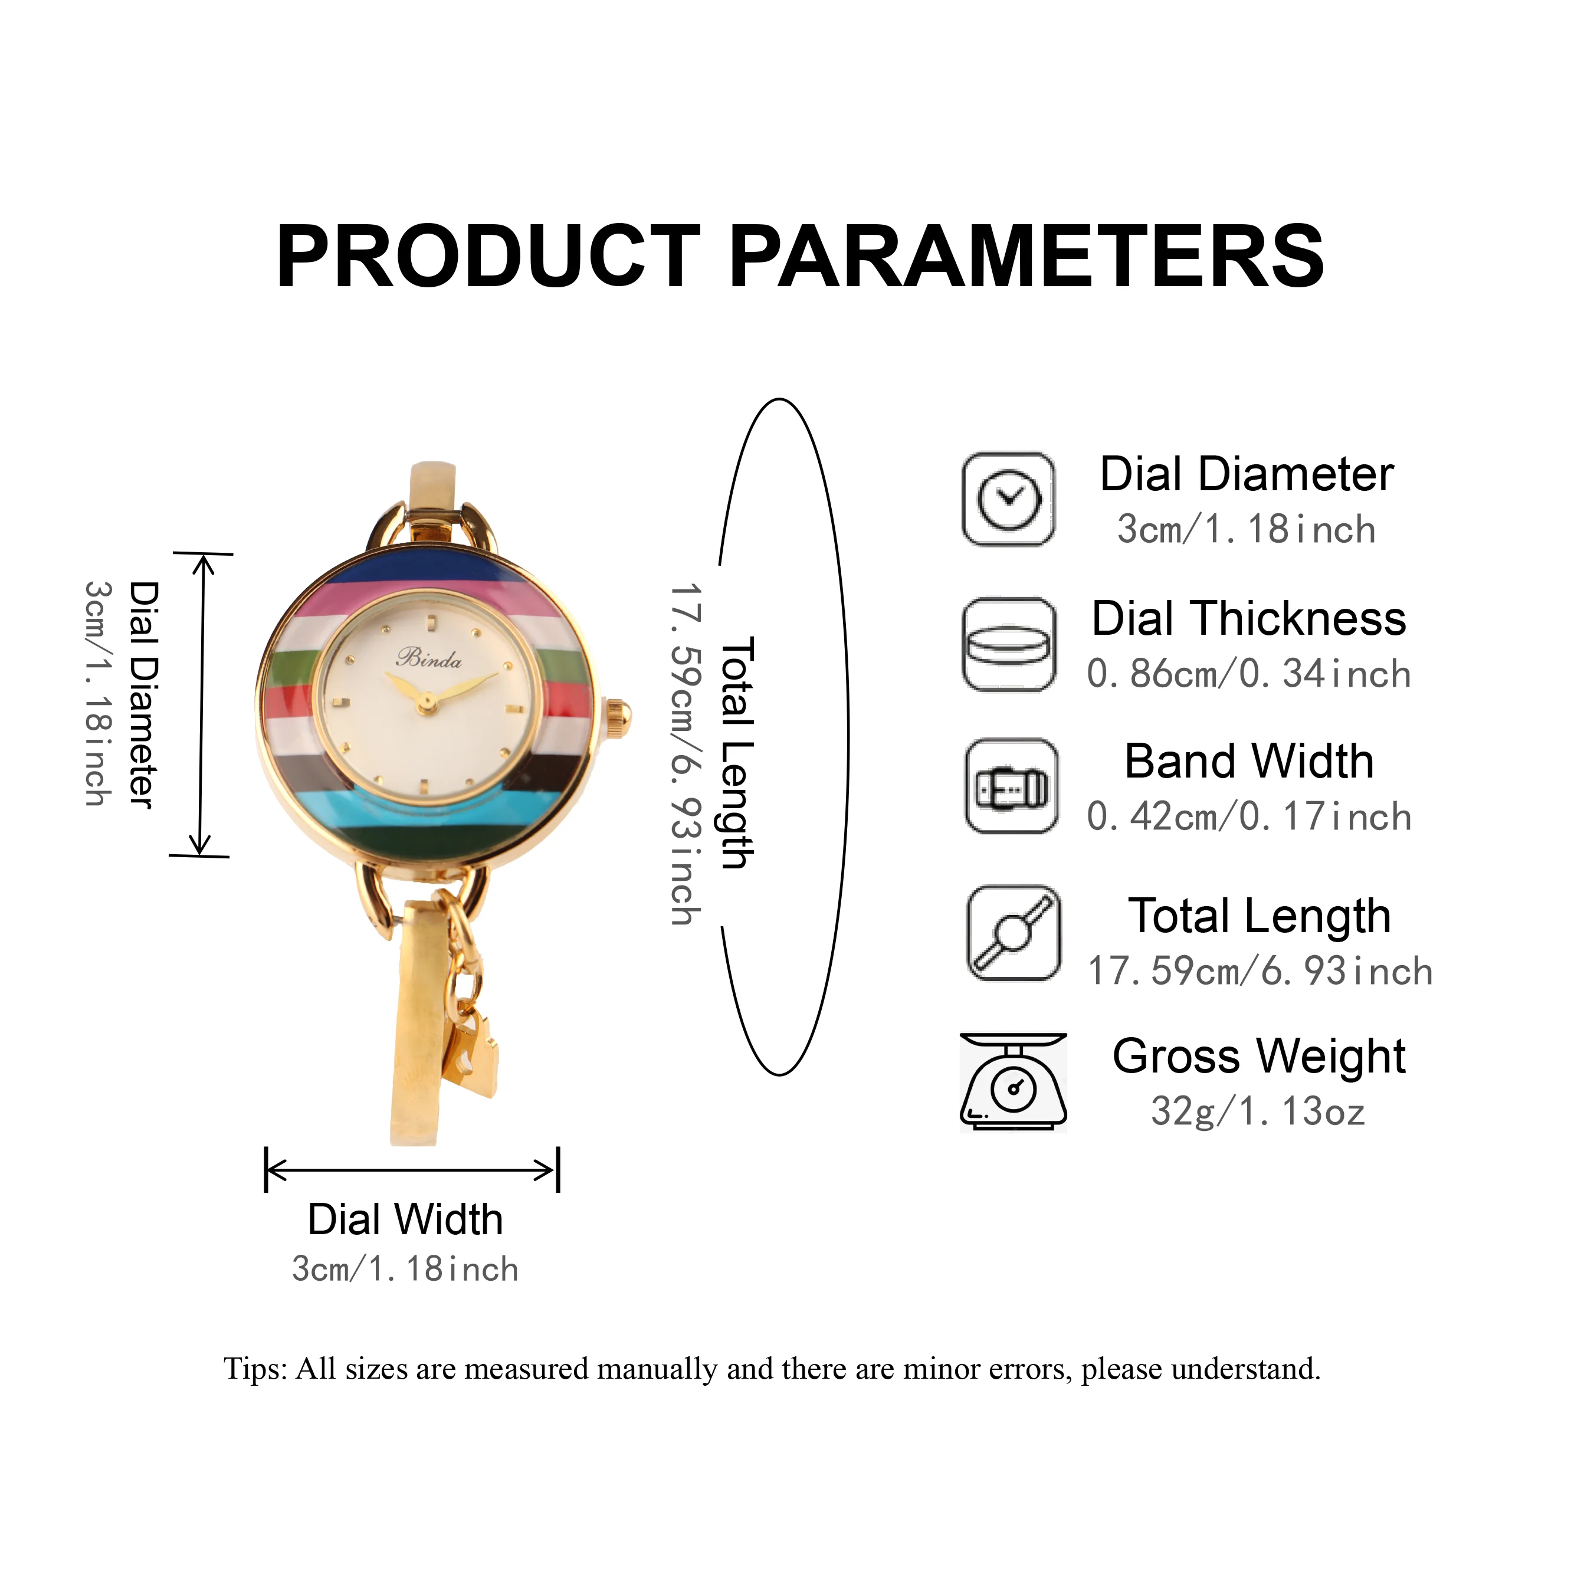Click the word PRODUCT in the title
click(x=488, y=257)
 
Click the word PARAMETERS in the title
click(x=1026, y=257)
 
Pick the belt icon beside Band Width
click(x=1012, y=786)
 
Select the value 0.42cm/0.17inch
click(x=1249, y=817)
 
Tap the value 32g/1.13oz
click(x=1258, y=1111)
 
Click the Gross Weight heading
click(x=1259, y=1056)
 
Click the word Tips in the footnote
click(x=255, y=1369)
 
